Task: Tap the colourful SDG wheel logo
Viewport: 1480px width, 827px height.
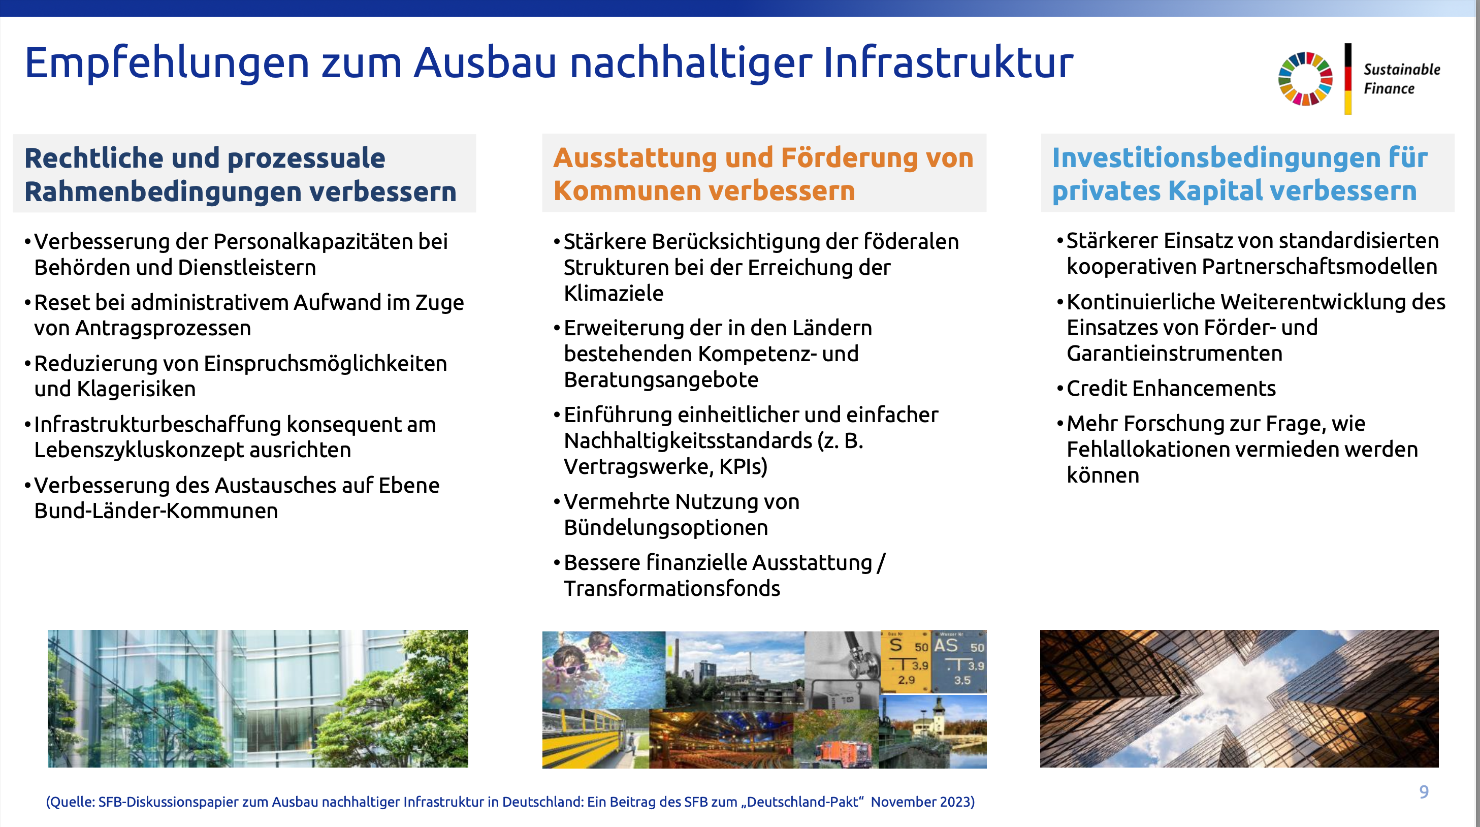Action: tap(1305, 79)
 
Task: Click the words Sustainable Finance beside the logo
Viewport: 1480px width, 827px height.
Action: tap(1402, 79)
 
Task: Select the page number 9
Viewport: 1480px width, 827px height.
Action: tap(1424, 792)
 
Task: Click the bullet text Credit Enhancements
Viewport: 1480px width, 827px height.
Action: tap(1171, 389)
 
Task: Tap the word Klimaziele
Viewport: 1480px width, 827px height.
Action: tap(614, 293)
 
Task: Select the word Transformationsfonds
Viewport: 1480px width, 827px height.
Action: tap(671, 588)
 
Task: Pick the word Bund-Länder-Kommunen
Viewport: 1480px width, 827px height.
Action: tap(156, 511)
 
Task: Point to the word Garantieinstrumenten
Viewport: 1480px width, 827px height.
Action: tap(1174, 354)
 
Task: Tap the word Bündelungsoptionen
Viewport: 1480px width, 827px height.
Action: tap(666, 528)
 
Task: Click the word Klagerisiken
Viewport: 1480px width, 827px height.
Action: tap(115, 389)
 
